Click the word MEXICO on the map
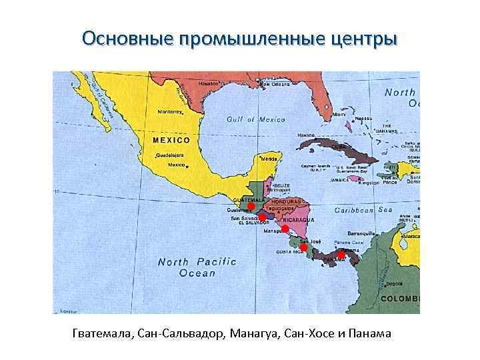(x=171, y=141)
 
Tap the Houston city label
(x=208, y=84)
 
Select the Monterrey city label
(x=169, y=112)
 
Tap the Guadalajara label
(x=169, y=155)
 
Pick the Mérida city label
(x=269, y=159)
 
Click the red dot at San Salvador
(x=263, y=217)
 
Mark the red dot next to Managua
(x=285, y=229)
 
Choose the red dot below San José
(x=303, y=247)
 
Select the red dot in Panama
(x=341, y=255)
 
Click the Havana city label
(x=306, y=135)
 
